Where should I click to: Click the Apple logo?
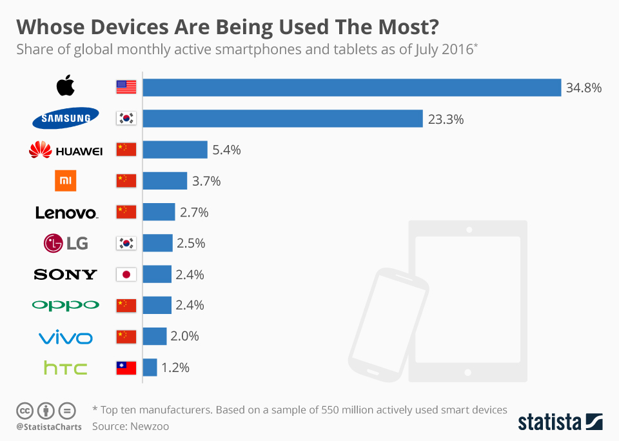pyautogui.click(x=66, y=86)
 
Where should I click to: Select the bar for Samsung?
pyautogui.click(x=282, y=118)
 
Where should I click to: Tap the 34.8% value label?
pyautogui.click(x=584, y=88)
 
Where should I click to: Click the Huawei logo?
pyautogui.click(x=66, y=150)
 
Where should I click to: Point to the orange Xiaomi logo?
pyautogui.click(x=66, y=181)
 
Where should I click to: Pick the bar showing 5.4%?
pyautogui.click(x=175, y=150)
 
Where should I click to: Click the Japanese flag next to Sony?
pyautogui.click(x=126, y=275)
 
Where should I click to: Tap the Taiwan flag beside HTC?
pyautogui.click(x=126, y=368)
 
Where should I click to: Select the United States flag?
pyautogui.click(x=126, y=87)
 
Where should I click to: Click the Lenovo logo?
pyautogui.click(x=66, y=213)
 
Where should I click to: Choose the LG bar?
pyautogui.click(x=157, y=243)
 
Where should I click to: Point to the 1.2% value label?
pyautogui.click(x=175, y=368)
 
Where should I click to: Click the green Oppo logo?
pyautogui.click(x=66, y=305)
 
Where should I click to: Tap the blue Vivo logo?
pyautogui.click(x=66, y=337)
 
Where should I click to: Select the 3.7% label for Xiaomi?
pyautogui.click(x=206, y=181)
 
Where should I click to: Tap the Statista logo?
pyautogui.click(x=560, y=422)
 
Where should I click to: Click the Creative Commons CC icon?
pyautogui.click(x=25, y=410)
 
